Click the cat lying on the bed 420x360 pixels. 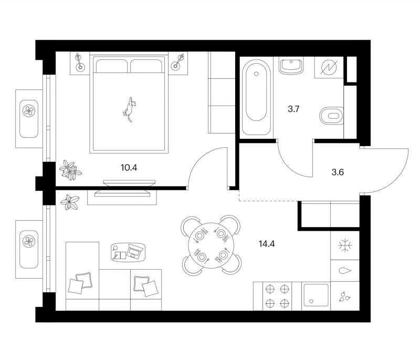(x=130, y=109)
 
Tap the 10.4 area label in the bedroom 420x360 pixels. (x=129, y=168)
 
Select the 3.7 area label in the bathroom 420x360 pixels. (x=293, y=109)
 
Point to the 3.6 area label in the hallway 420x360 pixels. (x=338, y=172)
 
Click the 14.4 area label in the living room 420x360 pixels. (x=267, y=244)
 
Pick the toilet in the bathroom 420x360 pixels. (x=332, y=116)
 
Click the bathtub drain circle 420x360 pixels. (x=256, y=74)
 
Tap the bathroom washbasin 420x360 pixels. (x=291, y=65)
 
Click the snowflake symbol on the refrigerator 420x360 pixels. (x=345, y=245)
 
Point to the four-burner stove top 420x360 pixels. (x=277, y=296)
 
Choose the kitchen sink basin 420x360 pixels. (x=316, y=295)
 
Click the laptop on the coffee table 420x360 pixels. (x=135, y=251)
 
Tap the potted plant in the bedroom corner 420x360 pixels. (x=70, y=170)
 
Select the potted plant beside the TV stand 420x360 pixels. (x=70, y=202)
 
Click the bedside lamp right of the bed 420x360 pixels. (x=178, y=61)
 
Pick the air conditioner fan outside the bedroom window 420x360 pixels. (x=29, y=111)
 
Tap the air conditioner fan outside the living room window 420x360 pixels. (x=29, y=241)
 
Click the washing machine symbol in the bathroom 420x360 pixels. (x=329, y=68)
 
